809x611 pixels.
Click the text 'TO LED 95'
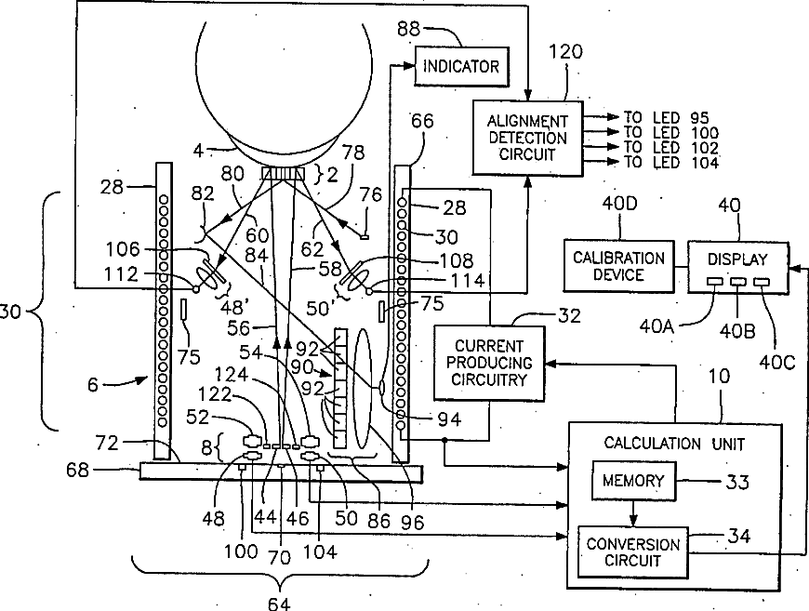click(x=667, y=118)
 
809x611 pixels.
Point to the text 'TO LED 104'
click(x=671, y=163)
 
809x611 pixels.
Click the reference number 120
click(x=565, y=51)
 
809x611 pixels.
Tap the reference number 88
click(x=408, y=29)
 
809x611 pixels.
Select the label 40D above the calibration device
click(x=619, y=204)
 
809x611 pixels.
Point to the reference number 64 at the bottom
click(x=279, y=604)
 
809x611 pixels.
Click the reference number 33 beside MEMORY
click(x=737, y=482)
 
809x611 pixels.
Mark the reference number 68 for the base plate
click(x=77, y=471)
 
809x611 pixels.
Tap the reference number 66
click(x=422, y=121)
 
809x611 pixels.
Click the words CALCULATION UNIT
click(x=674, y=444)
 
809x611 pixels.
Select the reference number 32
click(x=570, y=315)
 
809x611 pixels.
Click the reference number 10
click(x=719, y=377)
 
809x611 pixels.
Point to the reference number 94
click(x=449, y=419)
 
